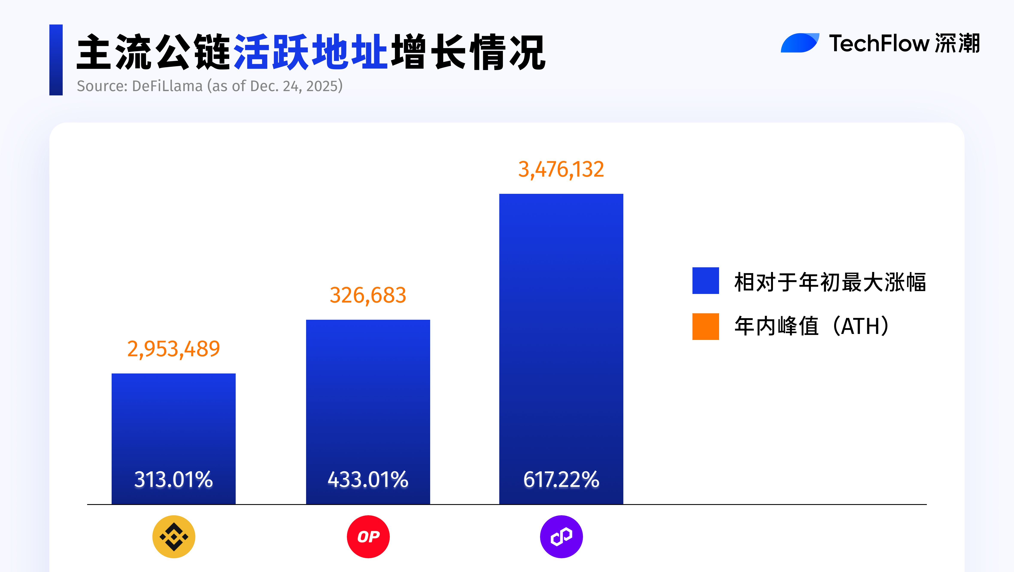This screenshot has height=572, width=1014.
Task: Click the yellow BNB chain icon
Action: tap(174, 537)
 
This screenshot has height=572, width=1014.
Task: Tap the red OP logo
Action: tap(368, 537)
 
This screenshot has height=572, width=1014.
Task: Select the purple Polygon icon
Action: tap(561, 537)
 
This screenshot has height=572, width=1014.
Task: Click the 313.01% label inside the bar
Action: tap(174, 479)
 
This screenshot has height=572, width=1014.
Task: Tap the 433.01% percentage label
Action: tap(368, 479)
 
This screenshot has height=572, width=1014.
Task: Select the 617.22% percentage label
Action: tap(561, 479)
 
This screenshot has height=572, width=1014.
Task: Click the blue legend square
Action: tap(705, 280)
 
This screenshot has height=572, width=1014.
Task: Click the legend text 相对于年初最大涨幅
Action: tap(830, 282)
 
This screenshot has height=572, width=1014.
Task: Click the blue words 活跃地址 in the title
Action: tap(311, 52)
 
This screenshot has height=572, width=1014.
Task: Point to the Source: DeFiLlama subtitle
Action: tap(210, 86)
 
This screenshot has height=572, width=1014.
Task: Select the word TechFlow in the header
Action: tap(879, 43)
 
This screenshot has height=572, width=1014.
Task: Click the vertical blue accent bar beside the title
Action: tap(56, 60)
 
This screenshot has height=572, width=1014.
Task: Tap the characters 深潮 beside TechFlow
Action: tap(957, 43)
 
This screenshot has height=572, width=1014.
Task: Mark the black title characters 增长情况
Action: tap(468, 52)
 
